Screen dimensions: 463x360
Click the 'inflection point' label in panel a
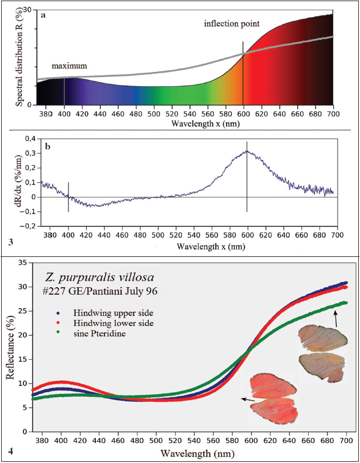tap(232, 24)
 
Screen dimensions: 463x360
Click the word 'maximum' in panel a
tap(70, 66)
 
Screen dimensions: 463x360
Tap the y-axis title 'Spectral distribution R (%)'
tap(19, 57)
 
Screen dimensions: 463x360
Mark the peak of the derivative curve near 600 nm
tap(246, 151)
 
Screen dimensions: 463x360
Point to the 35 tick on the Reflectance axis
tap(23, 263)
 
